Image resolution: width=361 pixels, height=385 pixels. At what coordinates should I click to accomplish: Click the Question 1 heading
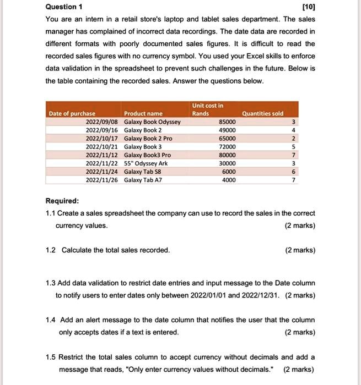64,7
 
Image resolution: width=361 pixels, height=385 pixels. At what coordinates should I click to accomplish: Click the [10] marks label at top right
308,7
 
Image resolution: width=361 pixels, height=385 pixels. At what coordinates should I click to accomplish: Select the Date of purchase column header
72,113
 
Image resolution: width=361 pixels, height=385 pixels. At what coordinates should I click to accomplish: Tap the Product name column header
143,113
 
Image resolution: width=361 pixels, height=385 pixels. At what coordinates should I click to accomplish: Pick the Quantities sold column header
262,113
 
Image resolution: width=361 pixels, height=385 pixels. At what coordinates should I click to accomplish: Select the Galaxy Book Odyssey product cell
152,122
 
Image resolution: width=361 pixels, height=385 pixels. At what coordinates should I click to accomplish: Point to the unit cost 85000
228,122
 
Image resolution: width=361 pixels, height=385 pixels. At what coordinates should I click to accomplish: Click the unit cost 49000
228,130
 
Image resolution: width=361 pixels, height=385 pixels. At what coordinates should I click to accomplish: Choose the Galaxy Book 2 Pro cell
148,139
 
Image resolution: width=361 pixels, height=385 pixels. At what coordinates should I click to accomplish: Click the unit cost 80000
228,155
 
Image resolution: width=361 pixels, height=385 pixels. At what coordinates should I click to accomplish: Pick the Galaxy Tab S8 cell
142,172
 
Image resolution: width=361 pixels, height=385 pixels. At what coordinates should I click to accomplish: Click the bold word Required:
62,201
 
